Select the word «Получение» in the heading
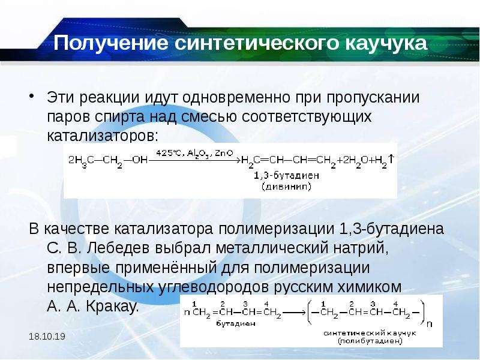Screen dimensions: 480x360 111,43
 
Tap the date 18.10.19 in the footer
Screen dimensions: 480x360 47,337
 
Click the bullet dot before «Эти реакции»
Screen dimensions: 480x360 32,96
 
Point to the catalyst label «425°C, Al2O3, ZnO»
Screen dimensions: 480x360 194,154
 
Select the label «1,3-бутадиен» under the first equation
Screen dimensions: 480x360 287,176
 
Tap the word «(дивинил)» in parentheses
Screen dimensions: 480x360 287,187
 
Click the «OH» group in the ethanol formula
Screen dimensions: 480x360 140,160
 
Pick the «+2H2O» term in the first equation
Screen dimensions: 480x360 353,160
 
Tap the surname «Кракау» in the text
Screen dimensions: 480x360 112,306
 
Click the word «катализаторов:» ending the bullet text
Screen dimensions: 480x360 103,136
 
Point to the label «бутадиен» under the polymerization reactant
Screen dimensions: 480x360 236,323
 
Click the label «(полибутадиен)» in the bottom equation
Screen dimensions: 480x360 370,341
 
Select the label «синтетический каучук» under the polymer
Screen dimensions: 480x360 370,333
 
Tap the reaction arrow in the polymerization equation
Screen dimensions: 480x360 294,313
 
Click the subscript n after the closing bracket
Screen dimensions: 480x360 430,323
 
